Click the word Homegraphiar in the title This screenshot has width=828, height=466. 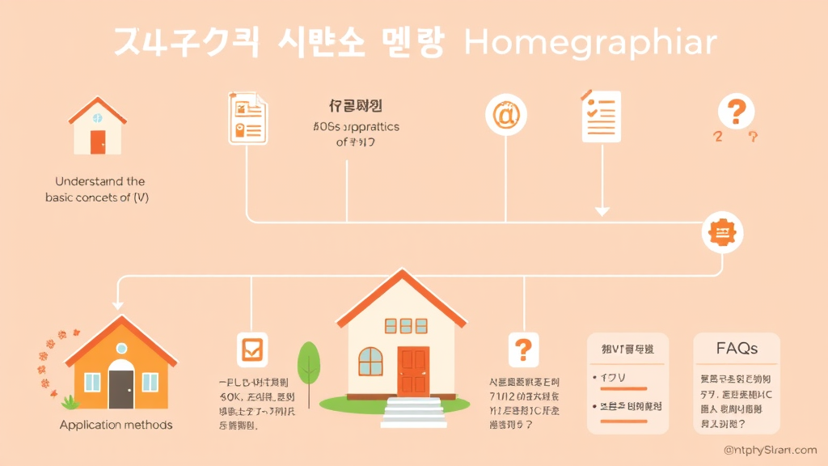tap(590, 44)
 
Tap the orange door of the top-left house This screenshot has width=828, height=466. tap(97, 142)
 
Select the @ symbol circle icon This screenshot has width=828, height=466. tap(506, 115)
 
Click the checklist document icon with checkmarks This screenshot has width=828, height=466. tap(601, 116)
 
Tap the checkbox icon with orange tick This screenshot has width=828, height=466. tap(252, 349)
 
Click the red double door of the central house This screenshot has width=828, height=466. tap(413, 371)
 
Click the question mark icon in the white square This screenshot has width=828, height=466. tap(522, 349)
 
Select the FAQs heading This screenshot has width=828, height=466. tap(737, 349)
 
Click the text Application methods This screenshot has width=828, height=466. tap(116, 425)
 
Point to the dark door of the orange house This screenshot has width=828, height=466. tap(121, 388)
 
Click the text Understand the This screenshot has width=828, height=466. tap(99, 181)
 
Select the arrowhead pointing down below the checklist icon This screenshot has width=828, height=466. tap(602, 211)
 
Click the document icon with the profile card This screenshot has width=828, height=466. tap(247, 118)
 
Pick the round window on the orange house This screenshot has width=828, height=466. tap(121, 348)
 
